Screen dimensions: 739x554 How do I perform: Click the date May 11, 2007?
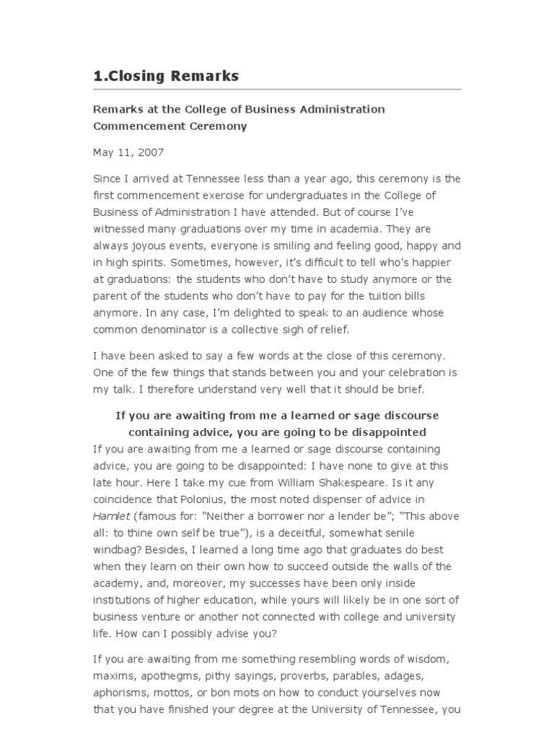click(128, 152)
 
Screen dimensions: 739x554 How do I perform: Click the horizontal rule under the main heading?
click(277, 89)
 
